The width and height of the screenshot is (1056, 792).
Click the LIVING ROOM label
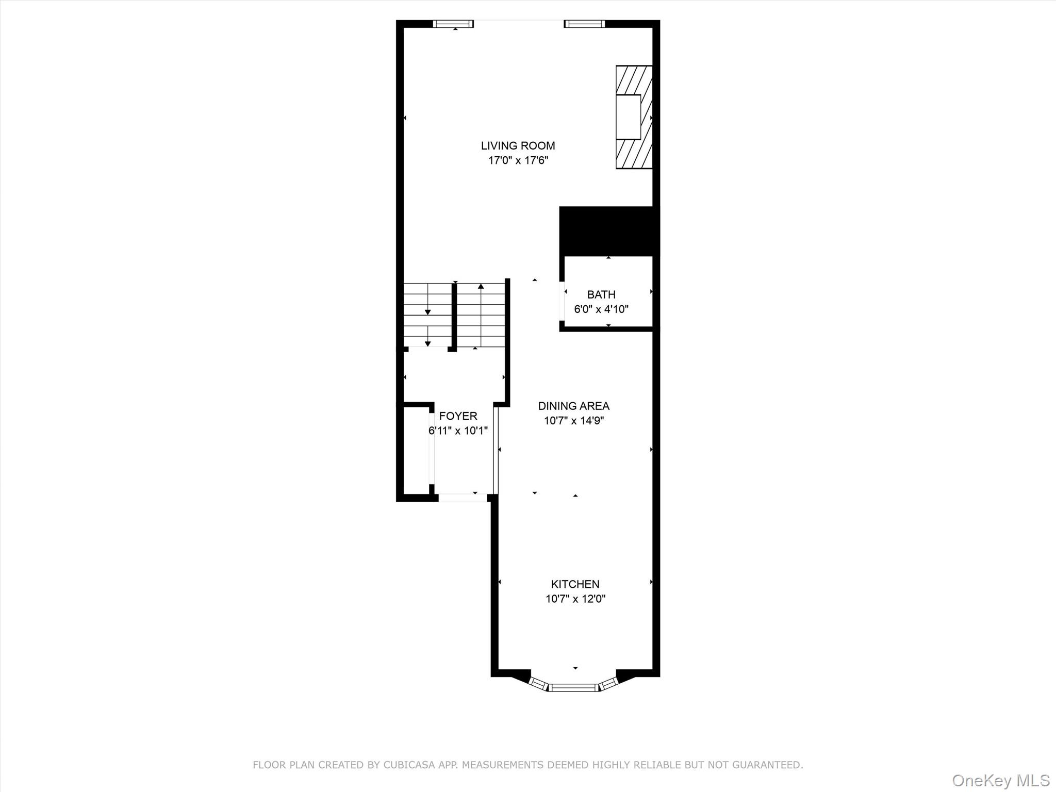[x=518, y=146]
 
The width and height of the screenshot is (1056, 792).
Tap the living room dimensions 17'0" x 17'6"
[x=518, y=160]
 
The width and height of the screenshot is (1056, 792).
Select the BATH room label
[x=601, y=294]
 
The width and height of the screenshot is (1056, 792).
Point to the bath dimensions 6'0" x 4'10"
[x=601, y=309]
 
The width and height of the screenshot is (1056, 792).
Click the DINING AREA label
[x=573, y=406]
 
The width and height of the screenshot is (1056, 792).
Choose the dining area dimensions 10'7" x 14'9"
[x=573, y=421]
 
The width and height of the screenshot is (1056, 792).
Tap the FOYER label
[x=458, y=416]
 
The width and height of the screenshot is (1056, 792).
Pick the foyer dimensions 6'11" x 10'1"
[x=458, y=431]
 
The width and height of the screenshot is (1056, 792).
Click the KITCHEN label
[x=575, y=584]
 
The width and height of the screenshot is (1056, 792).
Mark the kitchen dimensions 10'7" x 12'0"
[x=575, y=599]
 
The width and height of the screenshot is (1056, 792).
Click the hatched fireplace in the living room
[x=634, y=117]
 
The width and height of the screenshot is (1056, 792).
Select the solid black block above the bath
[x=608, y=231]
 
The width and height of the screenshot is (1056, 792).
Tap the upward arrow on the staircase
[x=481, y=286]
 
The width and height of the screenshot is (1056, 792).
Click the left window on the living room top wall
[x=453, y=24]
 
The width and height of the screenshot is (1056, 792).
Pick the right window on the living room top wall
[x=584, y=24]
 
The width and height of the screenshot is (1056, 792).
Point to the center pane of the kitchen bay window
[x=573, y=687]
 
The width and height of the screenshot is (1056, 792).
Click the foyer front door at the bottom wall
[x=462, y=498]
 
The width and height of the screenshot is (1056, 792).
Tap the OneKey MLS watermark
[x=1000, y=780]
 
